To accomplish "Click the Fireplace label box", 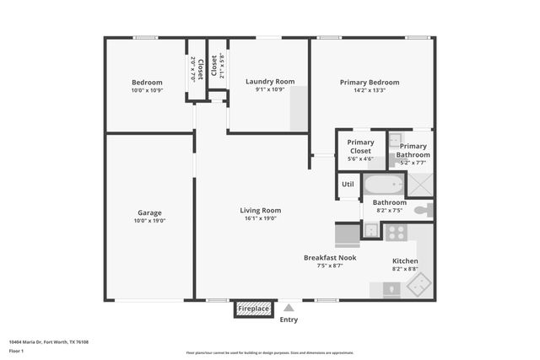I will coord(253,309).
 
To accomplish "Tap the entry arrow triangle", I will coord(289,308).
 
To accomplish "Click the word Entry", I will coord(289,320).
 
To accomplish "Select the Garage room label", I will coord(150,212).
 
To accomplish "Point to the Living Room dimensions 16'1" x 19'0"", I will coord(260,219).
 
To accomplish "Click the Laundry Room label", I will coord(270,82).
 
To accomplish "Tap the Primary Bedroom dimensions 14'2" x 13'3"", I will coord(370,90).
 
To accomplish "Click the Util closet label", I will coord(348,184).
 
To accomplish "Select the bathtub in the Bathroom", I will coord(384,185).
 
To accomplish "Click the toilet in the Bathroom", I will coord(425,209).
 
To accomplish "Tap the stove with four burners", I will coord(396,231).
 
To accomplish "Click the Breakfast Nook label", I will coord(330,257).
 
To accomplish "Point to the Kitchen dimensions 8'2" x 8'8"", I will coord(405,270).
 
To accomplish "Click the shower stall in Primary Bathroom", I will coord(419,184).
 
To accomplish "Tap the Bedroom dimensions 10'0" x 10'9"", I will coord(147,90).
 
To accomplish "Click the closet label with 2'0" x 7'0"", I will coord(196,67).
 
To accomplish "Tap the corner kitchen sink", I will coord(417,286).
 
